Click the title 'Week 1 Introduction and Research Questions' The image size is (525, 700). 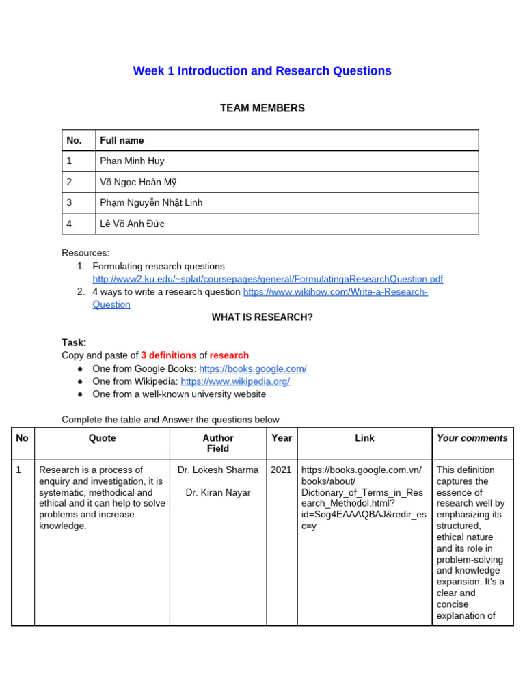pos(262,71)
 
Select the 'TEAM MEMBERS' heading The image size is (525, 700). pos(262,108)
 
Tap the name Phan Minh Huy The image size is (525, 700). pos(132,161)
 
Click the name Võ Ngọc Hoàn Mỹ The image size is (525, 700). pos(138,182)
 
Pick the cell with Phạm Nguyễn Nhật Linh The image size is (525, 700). pos(151,203)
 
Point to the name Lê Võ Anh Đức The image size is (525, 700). pos(132,224)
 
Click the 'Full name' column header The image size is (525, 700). pos(122,140)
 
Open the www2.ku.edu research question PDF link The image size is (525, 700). pos(267,279)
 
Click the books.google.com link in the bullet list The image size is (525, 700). pos(252,369)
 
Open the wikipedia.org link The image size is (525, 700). pos(235,381)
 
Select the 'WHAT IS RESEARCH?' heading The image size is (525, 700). pos(262,317)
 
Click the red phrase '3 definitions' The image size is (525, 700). pos(168,355)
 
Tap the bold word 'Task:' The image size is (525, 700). pos(74,342)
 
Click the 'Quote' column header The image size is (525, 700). pos(102,438)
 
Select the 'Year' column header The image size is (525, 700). pos(281,438)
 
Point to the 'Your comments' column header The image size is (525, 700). pos(472,438)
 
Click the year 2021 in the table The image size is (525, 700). pos(281,470)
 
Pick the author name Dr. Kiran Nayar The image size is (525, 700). pos(217,493)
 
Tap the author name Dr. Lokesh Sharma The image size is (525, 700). pos(217,470)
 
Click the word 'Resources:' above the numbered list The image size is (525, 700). pos(85,253)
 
